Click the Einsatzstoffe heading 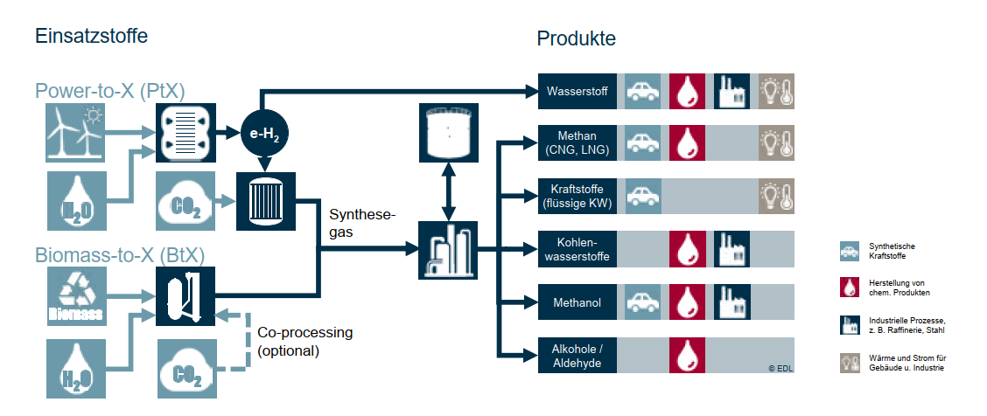(91, 37)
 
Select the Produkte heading (577, 39)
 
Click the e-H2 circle (264, 134)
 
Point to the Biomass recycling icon (76, 295)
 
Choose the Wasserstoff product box (577, 91)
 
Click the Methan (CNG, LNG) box (577, 142)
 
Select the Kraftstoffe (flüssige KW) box (577, 196)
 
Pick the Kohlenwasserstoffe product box (577, 248)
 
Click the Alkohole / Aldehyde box (577, 356)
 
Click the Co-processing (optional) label (304, 341)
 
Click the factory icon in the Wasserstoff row (731, 91)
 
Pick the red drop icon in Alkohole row (687, 356)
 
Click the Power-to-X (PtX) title (110, 91)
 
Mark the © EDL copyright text (780, 369)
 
